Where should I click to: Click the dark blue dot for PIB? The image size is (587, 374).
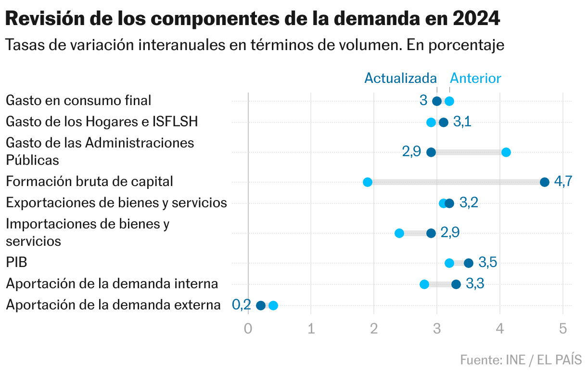[x=468, y=263]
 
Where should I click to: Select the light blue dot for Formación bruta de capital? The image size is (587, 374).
[x=368, y=182]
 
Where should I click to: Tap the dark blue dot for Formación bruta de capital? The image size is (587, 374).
[x=544, y=182]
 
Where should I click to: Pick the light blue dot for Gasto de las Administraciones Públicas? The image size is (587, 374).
[x=506, y=152]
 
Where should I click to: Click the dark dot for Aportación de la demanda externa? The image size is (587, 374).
[x=261, y=305]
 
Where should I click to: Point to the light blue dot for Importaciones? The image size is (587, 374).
[x=399, y=233]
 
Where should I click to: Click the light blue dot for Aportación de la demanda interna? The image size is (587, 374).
[x=424, y=284]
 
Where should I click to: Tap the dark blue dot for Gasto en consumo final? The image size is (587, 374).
[x=437, y=101]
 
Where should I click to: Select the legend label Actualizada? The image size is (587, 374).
[x=400, y=78]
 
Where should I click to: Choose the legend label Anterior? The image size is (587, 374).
[x=475, y=78]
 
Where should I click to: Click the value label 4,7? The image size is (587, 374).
[x=563, y=182]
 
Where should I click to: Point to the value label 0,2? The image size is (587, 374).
[x=242, y=305]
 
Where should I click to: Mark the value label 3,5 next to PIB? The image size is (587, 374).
[x=487, y=263]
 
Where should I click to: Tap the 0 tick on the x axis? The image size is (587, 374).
[x=248, y=329]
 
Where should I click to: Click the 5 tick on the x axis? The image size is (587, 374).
[x=563, y=329]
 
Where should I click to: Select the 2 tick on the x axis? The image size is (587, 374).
[x=374, y=329]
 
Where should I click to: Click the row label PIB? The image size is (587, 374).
[x=16, y=263]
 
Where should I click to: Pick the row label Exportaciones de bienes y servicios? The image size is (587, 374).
[x=116, y=203]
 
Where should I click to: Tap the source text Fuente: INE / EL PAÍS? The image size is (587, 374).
[x=521, y=360]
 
